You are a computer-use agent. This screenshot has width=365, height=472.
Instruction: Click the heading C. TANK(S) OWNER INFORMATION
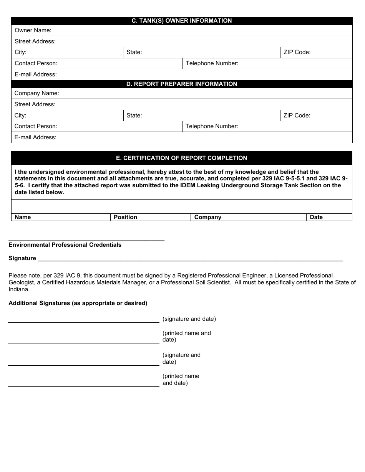coord(182,21)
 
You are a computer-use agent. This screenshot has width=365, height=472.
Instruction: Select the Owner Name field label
coord(33,30)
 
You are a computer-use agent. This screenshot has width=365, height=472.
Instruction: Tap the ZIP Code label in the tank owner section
coord(297,52)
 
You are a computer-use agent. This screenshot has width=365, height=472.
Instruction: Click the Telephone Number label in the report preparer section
coord(212,126)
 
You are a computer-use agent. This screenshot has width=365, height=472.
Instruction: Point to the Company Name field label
coord(37,93)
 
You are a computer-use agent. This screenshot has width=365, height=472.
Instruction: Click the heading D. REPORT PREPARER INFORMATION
coord(182,84)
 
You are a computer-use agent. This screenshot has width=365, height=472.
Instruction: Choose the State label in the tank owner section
coord(134,52)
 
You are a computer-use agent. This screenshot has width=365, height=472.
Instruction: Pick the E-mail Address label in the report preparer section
coord(35,137)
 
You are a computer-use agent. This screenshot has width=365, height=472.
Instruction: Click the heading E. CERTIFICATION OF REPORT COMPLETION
coord(182,158)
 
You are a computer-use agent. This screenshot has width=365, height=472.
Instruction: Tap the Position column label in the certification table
coord(125,217)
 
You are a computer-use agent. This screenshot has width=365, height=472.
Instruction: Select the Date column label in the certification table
coord(316,217)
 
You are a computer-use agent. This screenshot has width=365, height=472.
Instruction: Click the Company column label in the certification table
coord(208,217)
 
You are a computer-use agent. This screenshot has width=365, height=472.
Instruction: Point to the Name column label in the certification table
coord(23,217)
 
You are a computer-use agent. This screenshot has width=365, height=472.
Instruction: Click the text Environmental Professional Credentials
coord(65,245)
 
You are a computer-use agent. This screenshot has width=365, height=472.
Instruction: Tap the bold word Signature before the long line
coord(22,258)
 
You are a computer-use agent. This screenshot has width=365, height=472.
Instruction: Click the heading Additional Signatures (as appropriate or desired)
coord(78,303)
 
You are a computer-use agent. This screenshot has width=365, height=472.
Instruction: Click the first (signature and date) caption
coord(189,319)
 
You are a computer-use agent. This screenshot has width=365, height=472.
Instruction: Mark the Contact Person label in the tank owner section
coord(36,63)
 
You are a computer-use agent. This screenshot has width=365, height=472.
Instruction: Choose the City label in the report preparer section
coord(20,116)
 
